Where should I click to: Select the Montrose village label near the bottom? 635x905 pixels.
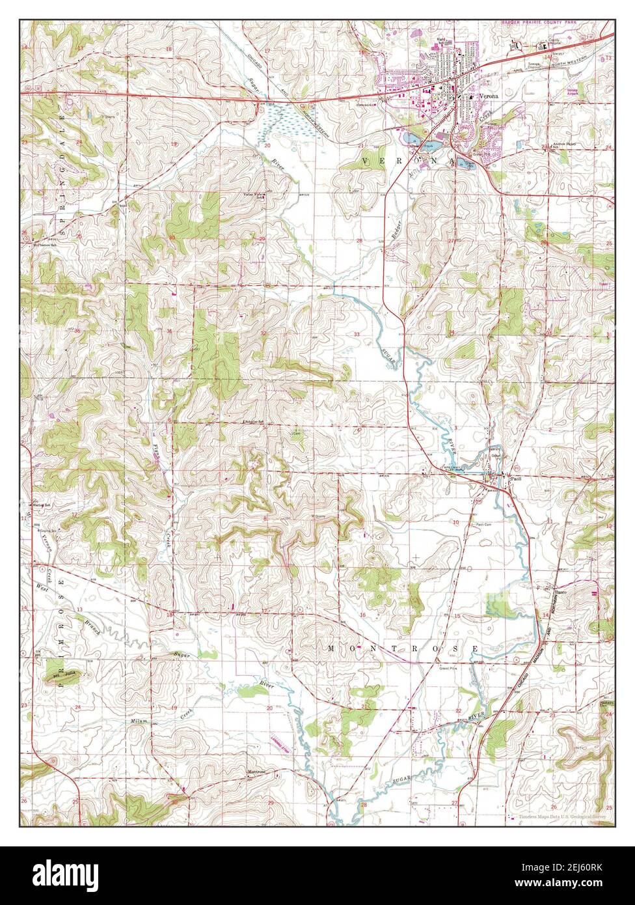pyautogui.click(x=256, y=772)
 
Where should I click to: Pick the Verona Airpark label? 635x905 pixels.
pyautogui.click(x=572, y=92)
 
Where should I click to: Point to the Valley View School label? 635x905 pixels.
pyautogui.click(x=254, y=195)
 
